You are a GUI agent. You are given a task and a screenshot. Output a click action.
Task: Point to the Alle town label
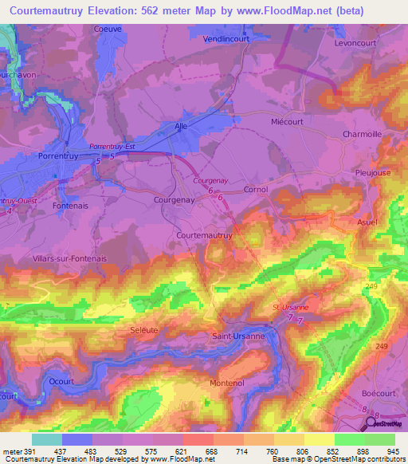click(x=183, y=126)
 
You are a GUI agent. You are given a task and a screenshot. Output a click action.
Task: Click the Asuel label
click(x=367, y=222)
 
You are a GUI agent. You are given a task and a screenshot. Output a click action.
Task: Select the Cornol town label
click(x=255, y=190)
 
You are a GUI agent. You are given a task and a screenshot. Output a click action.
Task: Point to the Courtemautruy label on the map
click(x=204, y=236)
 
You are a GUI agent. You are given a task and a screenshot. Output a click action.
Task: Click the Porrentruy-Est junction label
click(x=112, y=147)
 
